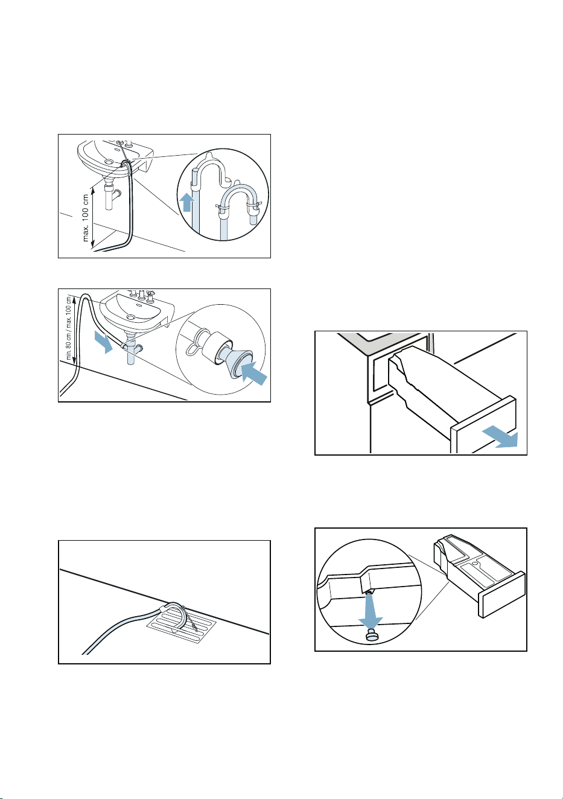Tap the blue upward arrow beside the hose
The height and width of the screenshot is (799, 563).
point(186,201)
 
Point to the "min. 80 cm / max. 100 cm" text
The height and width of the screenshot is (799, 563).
point(69,326)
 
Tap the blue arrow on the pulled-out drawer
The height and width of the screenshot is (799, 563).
point(500,438)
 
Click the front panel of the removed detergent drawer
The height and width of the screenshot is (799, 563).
point(501,594)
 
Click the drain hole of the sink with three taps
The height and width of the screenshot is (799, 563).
point(132,317)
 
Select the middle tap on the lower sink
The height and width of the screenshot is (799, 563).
point(141,294)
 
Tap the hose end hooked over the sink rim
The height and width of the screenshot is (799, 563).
point(126,164)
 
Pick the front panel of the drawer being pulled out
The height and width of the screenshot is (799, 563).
point(483,425)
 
